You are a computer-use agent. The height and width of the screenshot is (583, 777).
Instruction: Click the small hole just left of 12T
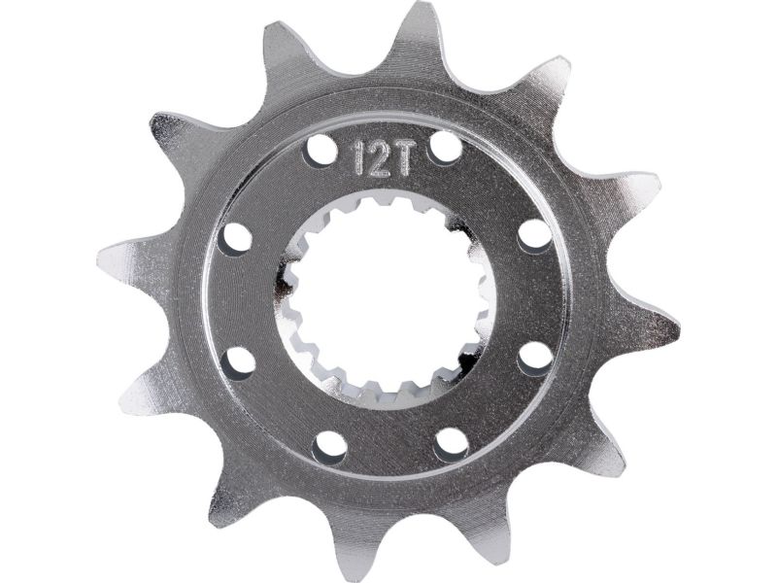pos(321,150)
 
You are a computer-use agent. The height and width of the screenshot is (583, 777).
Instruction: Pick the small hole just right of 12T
pos(446,149)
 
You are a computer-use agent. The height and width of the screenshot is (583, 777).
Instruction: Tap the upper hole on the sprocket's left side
pos(237,239)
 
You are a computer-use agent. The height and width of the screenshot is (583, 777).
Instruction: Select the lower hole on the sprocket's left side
pos(239,363)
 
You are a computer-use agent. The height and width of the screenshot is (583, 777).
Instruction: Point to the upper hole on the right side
pos(535,235)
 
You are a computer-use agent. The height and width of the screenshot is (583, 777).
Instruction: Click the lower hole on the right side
pos(536,358)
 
